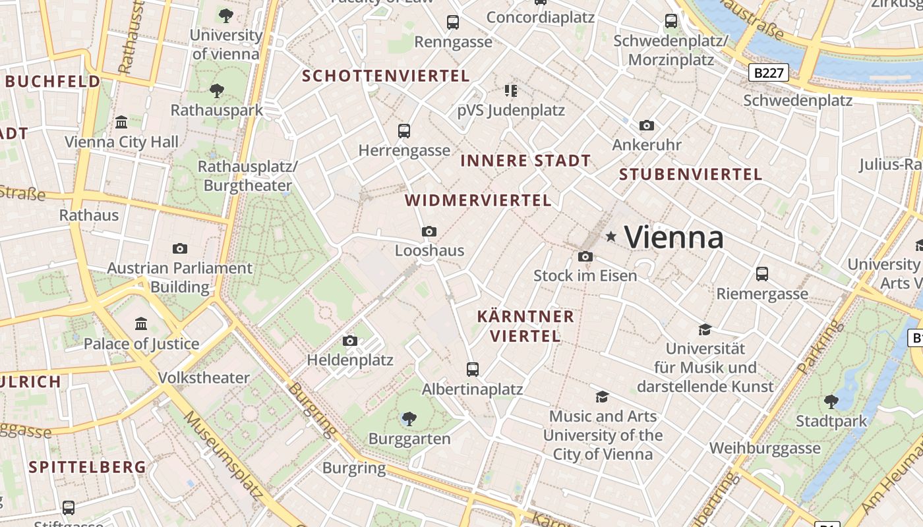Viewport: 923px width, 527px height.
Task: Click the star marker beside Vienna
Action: point(611,236)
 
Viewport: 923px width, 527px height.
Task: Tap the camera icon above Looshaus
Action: point(429,231)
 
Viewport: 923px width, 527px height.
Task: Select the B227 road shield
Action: point(769,72)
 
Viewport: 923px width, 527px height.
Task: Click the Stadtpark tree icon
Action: point(831,401)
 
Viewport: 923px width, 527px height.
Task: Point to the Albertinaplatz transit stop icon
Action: point(473,370)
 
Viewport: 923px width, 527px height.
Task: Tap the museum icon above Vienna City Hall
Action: point(121,123)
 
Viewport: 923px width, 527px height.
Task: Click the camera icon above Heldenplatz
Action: point(350,341)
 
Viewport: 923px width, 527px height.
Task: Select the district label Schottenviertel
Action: point(386,76)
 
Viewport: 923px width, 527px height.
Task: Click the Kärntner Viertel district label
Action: point(525,326)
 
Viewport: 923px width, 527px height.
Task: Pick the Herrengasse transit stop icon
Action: point(404,131)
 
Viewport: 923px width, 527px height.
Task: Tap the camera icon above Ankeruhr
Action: point(647,125)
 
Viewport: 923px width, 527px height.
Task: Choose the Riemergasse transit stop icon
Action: point(762,274)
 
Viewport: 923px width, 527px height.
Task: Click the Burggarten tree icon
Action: point(409,418)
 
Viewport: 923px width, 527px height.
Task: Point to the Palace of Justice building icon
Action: point(141,324)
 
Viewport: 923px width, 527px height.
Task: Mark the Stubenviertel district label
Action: point(690,175)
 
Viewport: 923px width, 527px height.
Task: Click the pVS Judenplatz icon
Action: point(511,90)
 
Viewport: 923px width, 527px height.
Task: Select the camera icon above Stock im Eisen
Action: point(585,256)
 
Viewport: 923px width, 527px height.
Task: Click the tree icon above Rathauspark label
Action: point(216,90)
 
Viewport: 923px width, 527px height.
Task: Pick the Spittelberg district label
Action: point(88,467)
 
